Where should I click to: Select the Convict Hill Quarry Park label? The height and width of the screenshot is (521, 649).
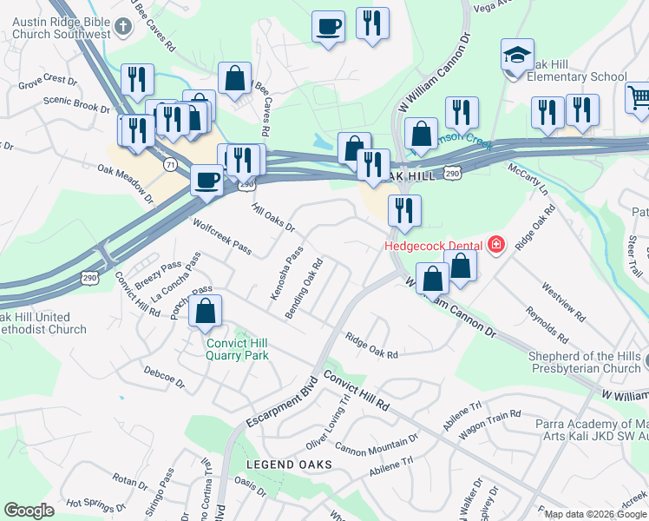click(x=237, y=348)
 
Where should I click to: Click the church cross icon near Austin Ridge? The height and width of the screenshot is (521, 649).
click(x=122, y=26)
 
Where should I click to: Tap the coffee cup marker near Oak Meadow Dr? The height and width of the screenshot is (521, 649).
click(x=206, y=180)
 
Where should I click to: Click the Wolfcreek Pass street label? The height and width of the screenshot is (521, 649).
click(x=222, y=237)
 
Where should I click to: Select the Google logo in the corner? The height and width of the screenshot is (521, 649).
click(x=29, y=511)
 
